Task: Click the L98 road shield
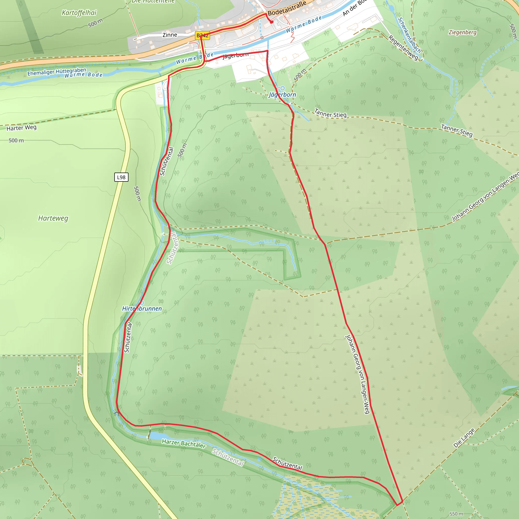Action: pos(121,177)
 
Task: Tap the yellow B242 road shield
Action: pos(202,36)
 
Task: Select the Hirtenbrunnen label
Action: pos(142,309)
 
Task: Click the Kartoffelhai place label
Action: pos(79,13)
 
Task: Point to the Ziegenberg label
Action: pos(462,32)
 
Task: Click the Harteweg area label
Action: pos(53,218)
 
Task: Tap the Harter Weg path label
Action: pos(22,128)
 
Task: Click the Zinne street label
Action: pos(170,35)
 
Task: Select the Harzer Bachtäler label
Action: pos(184,443)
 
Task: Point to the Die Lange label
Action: pos(464,438)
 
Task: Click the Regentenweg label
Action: pos(403,48)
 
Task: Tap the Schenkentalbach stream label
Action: pos(409,35)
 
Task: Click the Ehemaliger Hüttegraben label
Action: pos(57,72)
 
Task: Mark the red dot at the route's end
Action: pos(272,22)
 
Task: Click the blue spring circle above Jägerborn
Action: pos(282,88)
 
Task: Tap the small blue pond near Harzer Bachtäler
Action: pos(158,436)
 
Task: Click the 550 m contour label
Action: pos(456,514)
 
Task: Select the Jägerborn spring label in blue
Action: pos(282,95)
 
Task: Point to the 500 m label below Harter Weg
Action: pos(16,140)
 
